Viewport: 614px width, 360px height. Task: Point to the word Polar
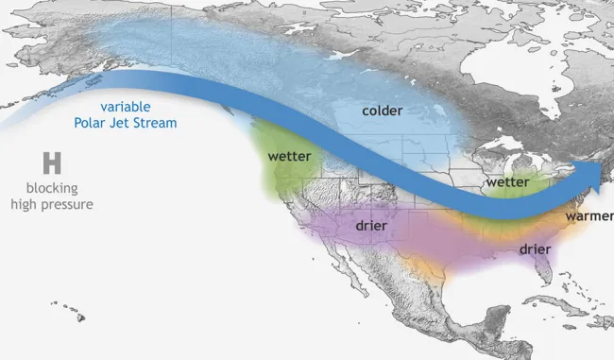click(x=94, y=122)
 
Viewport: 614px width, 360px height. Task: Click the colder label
click(x=383, y=111)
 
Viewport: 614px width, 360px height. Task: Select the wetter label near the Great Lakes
click(x=507, y=180)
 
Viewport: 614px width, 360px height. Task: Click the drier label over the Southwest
click(x=376, y=227)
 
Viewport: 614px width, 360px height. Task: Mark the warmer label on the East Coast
click(x=588, y=216)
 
